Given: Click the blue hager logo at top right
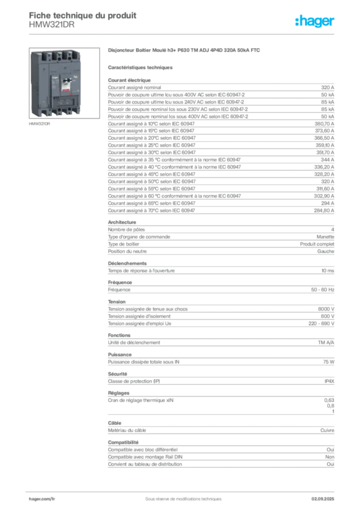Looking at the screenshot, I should coord(316,22).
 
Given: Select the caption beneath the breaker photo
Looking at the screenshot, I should coord(40,124).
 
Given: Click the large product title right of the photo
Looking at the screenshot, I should coord(184,51).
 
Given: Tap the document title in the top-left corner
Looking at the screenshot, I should coord(82,14).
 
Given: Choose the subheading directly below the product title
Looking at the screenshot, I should coord(141,67).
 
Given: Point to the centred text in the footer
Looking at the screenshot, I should coord(180,496).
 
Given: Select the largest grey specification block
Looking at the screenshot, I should coord(221,147).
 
